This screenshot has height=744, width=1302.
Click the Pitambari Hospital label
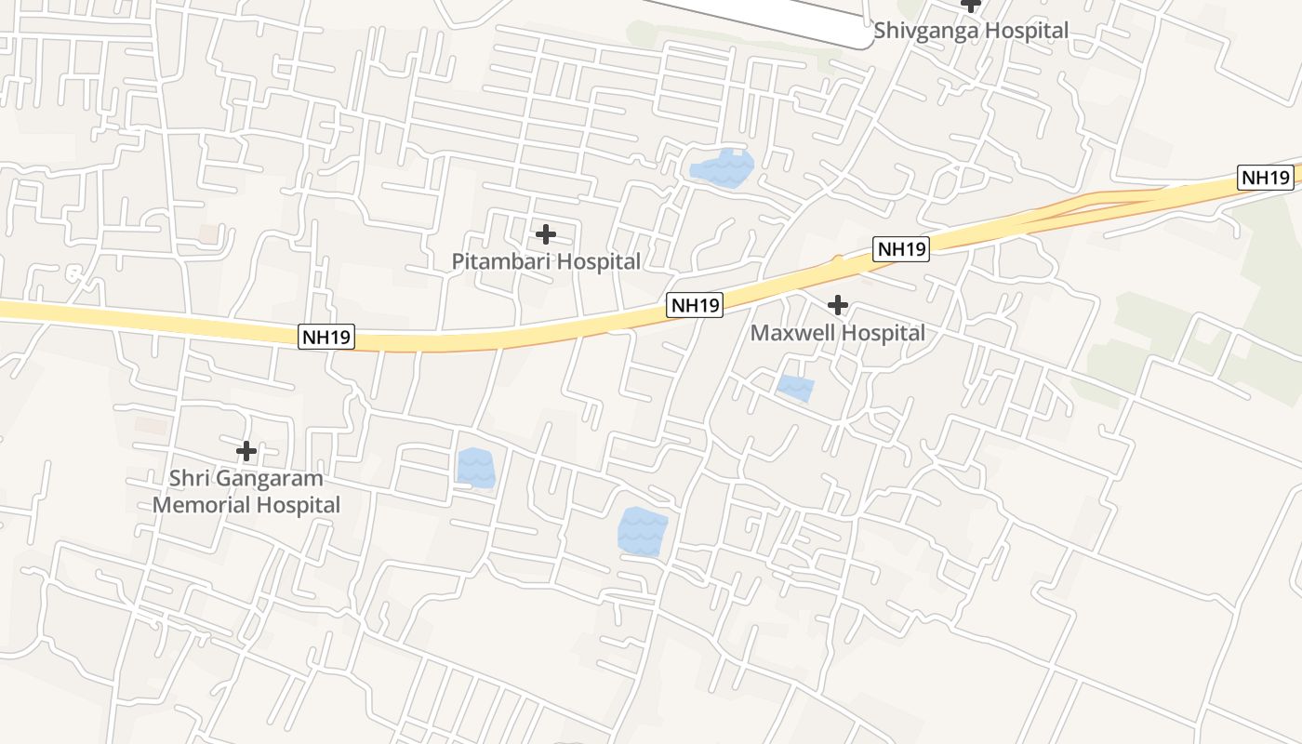(x=546, y=261)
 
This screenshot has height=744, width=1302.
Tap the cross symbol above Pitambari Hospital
(x=546, y=233)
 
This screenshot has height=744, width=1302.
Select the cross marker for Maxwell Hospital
(x=838, y=304)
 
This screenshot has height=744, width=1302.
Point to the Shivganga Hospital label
(x=971, y=31)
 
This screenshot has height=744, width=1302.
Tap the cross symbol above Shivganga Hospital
(x=971, y=4)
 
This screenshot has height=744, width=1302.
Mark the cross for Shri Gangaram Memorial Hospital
(x=246, y=451)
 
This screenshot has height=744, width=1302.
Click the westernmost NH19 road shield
(x=326, y=337)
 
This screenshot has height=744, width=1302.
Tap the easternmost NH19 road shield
(x=1266, y=178)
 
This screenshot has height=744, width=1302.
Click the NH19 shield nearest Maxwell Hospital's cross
(x=901, y=248)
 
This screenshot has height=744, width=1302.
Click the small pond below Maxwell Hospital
(x=795, y=387)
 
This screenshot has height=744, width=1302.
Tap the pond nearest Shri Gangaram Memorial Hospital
(x=476, y=467)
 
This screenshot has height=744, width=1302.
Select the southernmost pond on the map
(x=643, y=531)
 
